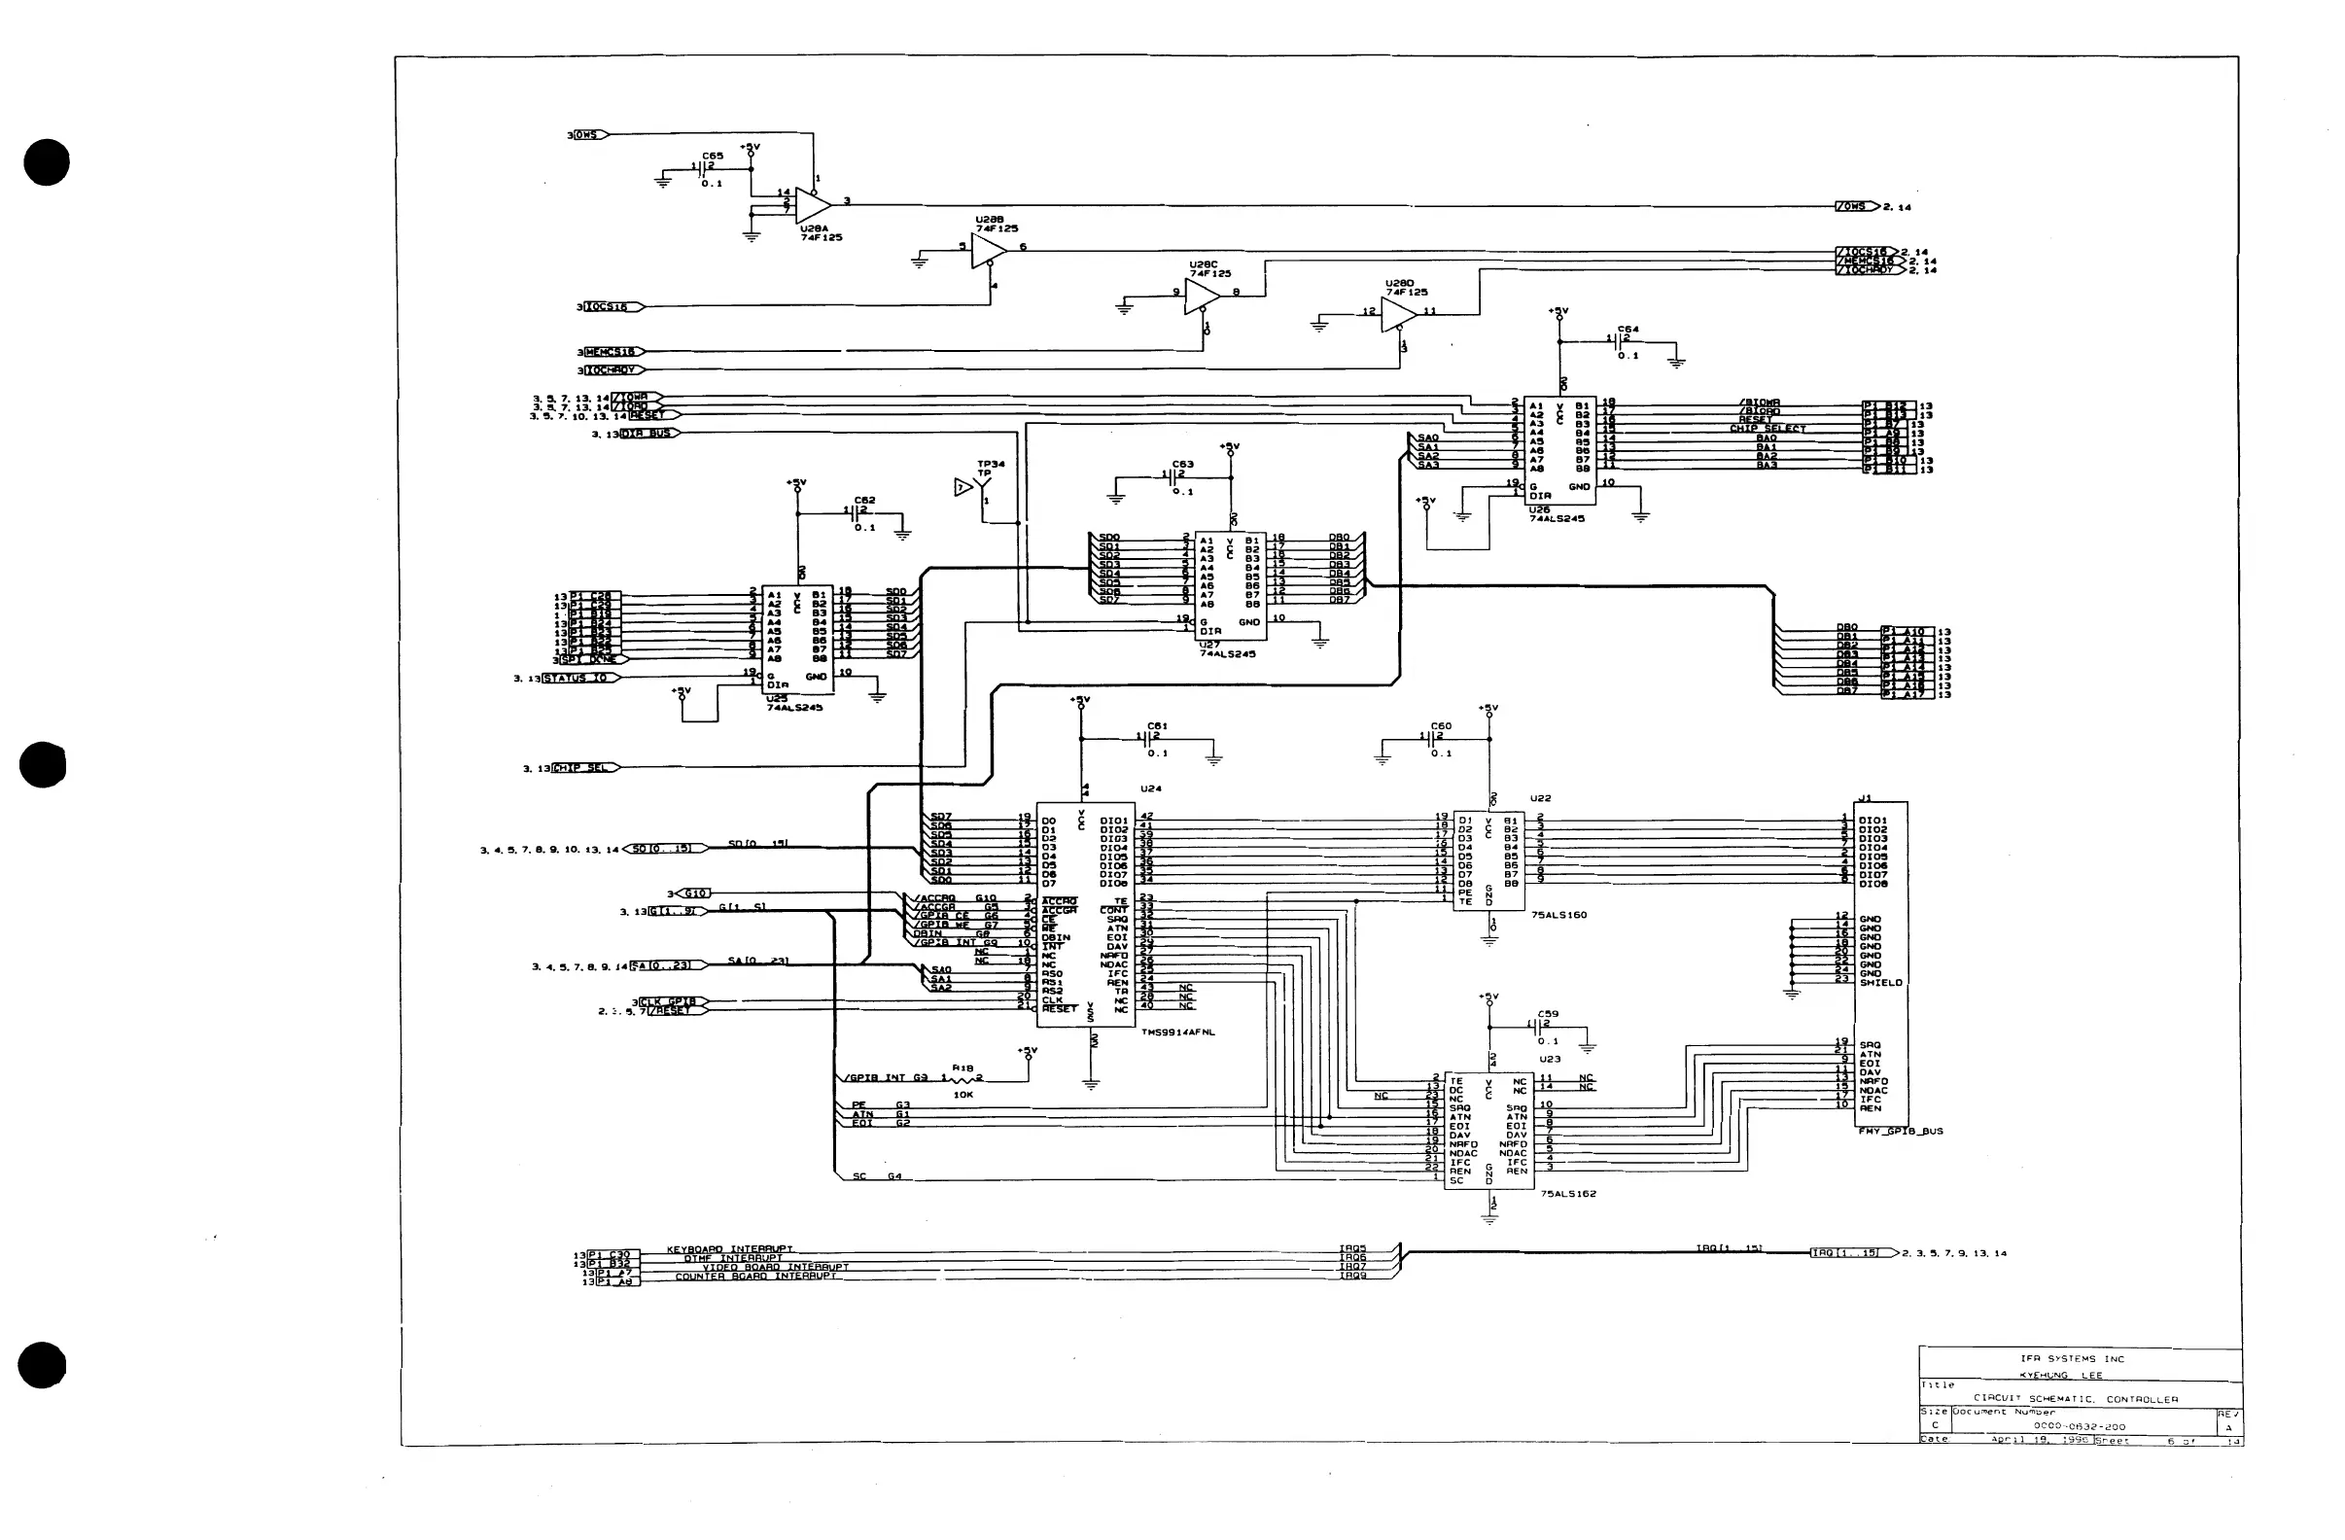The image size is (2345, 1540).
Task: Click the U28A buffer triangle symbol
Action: pyautogui.click(x=812, y=205)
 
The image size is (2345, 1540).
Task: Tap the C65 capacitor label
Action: pyautogui.click(x=713, y=156)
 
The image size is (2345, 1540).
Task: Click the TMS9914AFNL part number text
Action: pyautogui.click(x=1178, y=1032)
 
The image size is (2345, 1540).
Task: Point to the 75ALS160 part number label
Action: pyautogui.click(x=1558, y=915)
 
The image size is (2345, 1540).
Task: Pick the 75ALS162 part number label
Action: pyautogui.click(x=1568, y=1193)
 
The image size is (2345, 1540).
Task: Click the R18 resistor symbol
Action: pyautogui.click(x=962, y=1079)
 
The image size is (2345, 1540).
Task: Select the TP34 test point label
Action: pyautogui.click(x=991, y=464)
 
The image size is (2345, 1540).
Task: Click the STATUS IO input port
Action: pyautogui.click(x=581, y=678)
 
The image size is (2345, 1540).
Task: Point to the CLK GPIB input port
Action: pyautogui.click(x=673, y=1002)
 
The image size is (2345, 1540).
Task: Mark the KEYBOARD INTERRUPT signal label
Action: pyautogui.click(x=729, y=1249)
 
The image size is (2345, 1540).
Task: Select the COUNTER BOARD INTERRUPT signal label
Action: pyautogui.click(x=756, y=1277)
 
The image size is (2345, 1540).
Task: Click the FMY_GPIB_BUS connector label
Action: pyautogui.click(x=1900, y=1131)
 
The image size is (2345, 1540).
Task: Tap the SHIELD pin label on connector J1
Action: pyautogui.click(x=1881, y=982)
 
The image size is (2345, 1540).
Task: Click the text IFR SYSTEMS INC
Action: pyautogui.click(x=2072, y=1359)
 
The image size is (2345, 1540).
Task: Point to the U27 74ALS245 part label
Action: pyautogui.click(x=1227, y=652)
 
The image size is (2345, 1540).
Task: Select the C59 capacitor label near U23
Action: pyautogui.click(x=1548, y=1013)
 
